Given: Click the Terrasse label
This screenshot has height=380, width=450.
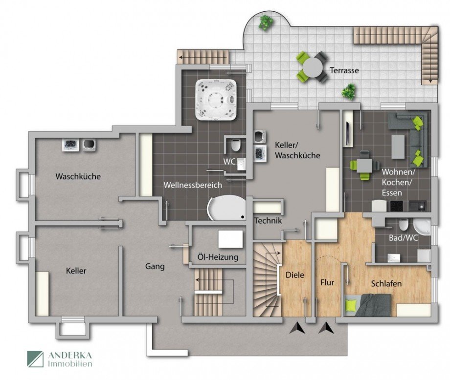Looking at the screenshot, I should click(x=344, y=70).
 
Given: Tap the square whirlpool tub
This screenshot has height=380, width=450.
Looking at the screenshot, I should click(x=216, y=99).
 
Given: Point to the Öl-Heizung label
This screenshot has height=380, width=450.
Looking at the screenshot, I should click(x=218, y=257).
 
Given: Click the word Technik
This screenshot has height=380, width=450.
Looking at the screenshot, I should click(x=268, y=221).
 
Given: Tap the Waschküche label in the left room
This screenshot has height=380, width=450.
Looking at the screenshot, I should click(x=78, y=176).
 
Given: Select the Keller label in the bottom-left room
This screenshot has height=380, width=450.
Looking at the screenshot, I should click(x=76, y=270).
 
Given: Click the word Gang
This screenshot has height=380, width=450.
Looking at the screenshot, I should click(x=155, y=267).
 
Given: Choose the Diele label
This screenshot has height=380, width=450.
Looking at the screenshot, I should click(x=295, y=275).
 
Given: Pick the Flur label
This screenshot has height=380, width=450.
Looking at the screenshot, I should click(x=327, y=282).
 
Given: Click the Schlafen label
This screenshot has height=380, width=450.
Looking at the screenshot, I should click(x=386, y=283).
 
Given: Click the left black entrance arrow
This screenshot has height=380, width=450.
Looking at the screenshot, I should click(x=297, y=328).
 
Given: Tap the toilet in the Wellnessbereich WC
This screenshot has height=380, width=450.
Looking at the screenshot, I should click(x=236, y=146).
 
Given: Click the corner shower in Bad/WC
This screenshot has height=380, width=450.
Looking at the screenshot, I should click(x=421, y=226).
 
